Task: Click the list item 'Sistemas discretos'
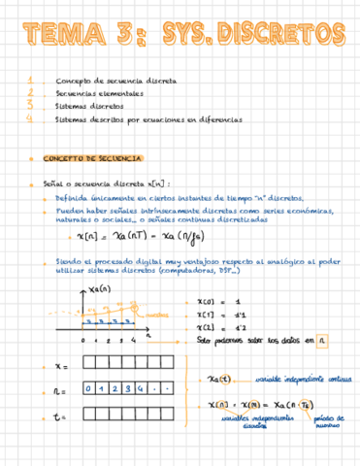coord(92,107)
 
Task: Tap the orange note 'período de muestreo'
coord(329,421)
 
